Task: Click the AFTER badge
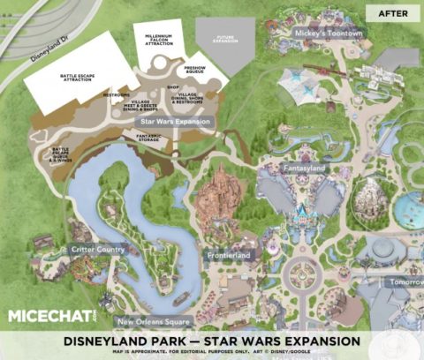[391, 13]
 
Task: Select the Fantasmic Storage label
[154, 138]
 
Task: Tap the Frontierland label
[228, 255]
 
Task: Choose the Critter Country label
[99, 250]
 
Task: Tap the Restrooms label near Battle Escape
[116, 94]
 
